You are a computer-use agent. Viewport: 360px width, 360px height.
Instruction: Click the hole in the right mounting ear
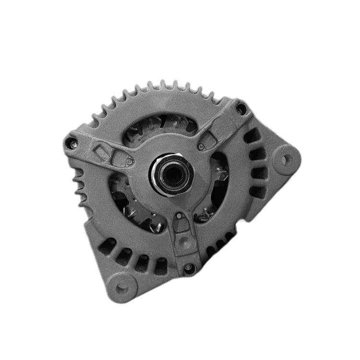(286, 159)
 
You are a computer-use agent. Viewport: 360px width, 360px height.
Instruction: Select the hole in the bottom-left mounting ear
(122, 288)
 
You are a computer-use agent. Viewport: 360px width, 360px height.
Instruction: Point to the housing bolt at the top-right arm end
(240, 109)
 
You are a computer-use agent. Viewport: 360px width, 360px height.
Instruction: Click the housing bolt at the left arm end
(72, 142)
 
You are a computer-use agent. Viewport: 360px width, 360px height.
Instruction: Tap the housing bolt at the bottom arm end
(189, 267)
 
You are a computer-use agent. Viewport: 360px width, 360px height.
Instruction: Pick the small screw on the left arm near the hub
(129, 162)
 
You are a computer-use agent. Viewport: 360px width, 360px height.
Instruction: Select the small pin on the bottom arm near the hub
(179, 216)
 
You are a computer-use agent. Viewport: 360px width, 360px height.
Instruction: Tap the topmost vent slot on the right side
(251, 137)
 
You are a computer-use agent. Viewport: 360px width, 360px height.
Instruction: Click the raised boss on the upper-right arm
(210, 139)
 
